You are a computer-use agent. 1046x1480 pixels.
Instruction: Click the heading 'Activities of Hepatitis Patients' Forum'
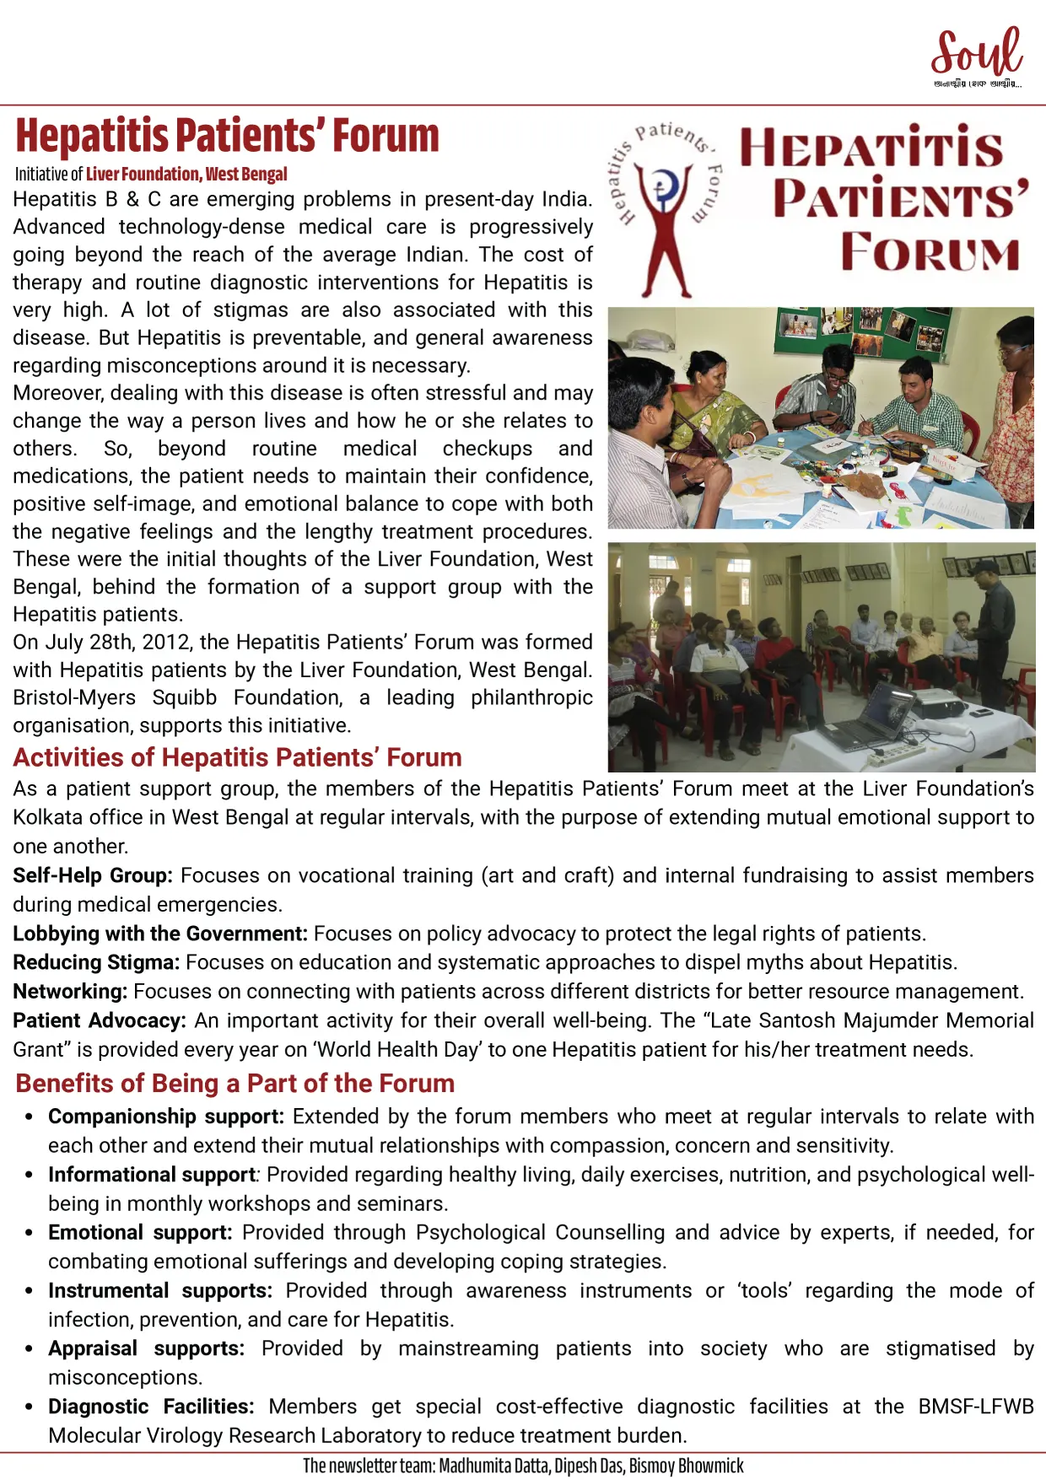tap(237, 757)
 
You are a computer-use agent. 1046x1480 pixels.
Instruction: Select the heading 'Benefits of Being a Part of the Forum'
tap(235, 1083)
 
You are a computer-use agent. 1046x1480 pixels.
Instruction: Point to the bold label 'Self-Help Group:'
tap(93, 875)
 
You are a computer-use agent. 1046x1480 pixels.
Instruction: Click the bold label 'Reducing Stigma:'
tap(96, 962)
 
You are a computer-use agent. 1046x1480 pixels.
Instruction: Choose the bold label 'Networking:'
tap(70, 991)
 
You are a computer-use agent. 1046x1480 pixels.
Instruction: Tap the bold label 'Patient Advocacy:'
tap(100, 1020)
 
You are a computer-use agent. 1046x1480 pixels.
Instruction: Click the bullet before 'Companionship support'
tap(30, 1117)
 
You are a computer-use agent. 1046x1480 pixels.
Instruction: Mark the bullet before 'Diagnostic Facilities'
tap(30, 1407)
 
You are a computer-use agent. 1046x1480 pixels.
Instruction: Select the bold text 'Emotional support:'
tap(140, 1233)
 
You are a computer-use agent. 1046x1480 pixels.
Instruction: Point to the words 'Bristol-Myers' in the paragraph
tap(74, 697)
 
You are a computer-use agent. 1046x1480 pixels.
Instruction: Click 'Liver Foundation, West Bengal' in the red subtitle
tap(186, 175)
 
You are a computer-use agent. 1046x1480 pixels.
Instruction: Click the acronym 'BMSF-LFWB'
tap(976, 1407)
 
